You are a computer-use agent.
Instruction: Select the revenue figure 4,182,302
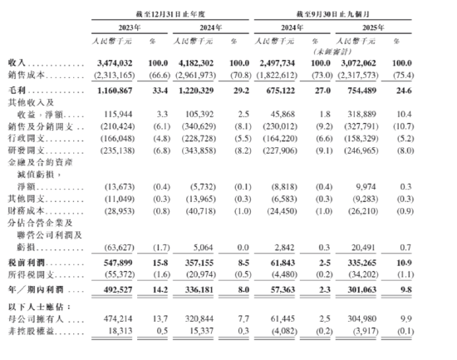point(197,62)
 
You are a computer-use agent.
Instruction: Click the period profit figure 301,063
point(361,288)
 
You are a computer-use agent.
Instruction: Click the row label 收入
point(16,62)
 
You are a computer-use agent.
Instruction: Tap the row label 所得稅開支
point(32,274)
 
